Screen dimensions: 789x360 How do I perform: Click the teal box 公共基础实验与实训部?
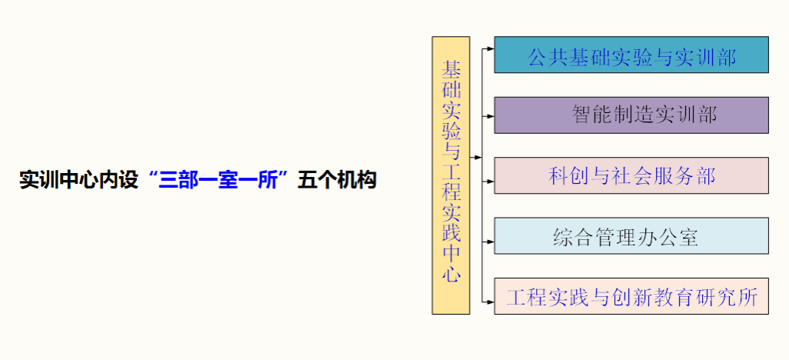[x=631, y=55]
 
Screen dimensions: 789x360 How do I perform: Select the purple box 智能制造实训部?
[x=631, y=115]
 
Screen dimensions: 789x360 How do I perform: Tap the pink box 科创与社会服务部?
[x=631, y=175]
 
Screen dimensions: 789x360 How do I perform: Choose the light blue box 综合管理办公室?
[x=631, y=235]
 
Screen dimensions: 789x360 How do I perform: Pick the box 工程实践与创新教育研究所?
[x=631, y=296]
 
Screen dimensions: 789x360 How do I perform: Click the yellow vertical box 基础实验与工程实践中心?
[x=451, y=175]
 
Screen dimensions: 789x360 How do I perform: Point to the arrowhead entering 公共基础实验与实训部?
[x=491, y=48]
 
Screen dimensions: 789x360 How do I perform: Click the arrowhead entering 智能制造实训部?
[x=491, y=116]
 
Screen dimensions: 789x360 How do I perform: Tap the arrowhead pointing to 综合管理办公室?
[x=491, y=242]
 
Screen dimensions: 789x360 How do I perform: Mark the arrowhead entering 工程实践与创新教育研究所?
[x=491, y=302]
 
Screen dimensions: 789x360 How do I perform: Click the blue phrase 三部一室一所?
[x=218, y=180]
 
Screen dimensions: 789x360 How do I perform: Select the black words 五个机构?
[x=337, y=180]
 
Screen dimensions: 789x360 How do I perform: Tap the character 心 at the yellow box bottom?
[x=451, y=275]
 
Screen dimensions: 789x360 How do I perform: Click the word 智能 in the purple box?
[x=592, y=115]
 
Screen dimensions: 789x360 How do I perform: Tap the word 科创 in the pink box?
[x=568, y=175]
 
